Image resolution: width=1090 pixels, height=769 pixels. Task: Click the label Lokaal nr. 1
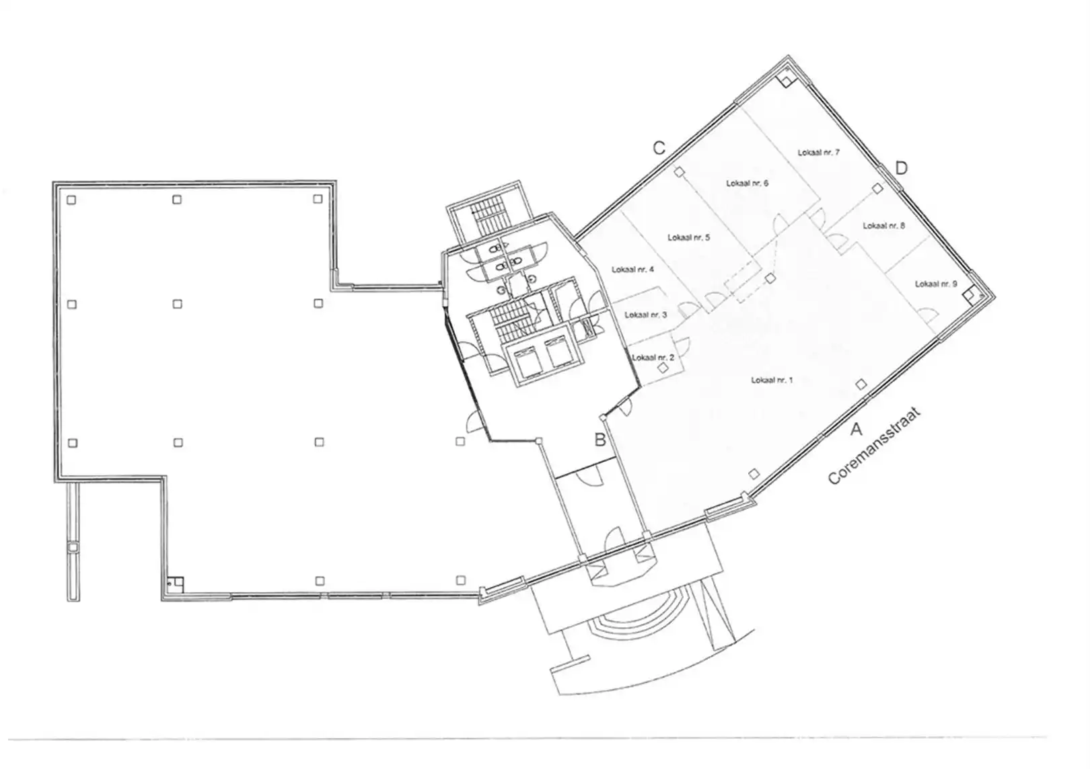click(772, 380)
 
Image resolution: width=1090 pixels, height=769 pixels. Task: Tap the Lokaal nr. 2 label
click(653, 357)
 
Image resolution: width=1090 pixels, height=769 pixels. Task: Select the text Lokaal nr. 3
click(645, 315)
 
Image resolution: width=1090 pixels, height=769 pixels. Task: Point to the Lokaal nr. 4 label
click(632, 270)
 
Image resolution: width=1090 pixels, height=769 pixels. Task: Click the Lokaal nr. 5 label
click(688, 237)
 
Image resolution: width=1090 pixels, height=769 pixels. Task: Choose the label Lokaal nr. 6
click(747, 183)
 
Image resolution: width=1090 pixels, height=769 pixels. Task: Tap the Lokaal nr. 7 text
click(818, 153)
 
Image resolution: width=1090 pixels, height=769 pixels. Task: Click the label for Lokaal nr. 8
click(883, 226)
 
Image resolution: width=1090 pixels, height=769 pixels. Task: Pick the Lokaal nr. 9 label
click(935, 284)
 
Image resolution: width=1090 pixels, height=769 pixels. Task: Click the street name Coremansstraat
click(873, 446)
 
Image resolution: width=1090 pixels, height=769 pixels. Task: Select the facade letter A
click(856, 428)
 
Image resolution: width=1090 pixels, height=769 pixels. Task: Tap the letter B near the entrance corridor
click(599, 440)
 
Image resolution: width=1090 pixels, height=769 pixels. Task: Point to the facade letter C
click(659, 148)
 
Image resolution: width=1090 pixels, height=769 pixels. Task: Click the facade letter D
click(901, 167)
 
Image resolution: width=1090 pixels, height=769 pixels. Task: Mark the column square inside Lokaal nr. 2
click(663, 368)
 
